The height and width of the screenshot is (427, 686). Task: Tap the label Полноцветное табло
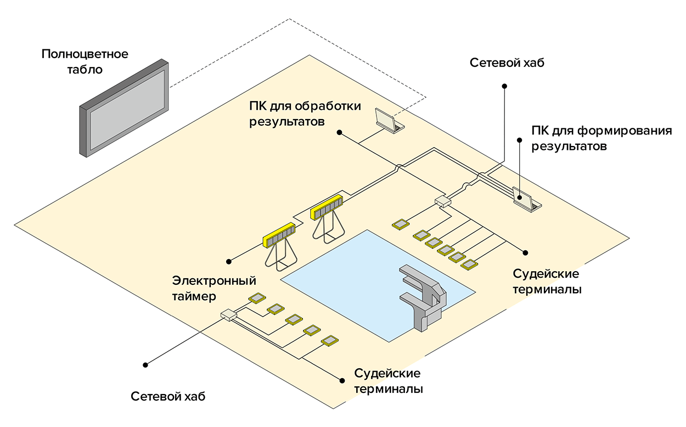tap(85, 62)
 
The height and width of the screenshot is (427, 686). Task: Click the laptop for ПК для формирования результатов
tap(526, 199)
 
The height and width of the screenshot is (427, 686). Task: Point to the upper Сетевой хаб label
tap(507, 63)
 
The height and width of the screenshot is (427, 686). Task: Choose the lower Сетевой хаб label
tap(168, 396)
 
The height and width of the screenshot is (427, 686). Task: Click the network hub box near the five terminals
tap(228, 314)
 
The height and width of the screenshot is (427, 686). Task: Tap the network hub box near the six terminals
tap(442, 201)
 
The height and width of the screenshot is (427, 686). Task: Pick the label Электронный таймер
tap(214, 288)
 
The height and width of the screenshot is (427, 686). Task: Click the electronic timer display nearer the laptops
tap(326, 206)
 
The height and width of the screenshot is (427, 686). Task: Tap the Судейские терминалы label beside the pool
tap(547, 281)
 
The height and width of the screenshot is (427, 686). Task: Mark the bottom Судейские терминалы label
tap(388, 381)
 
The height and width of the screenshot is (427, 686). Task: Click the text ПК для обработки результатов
tap(305, 113)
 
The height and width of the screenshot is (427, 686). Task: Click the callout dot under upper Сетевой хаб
tap(505, 86)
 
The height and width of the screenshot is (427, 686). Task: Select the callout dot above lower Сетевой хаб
tap(146, 364)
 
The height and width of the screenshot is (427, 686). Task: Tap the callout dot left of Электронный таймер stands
tap(230, 260)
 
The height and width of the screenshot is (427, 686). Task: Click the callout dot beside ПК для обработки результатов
tap(340, 132)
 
